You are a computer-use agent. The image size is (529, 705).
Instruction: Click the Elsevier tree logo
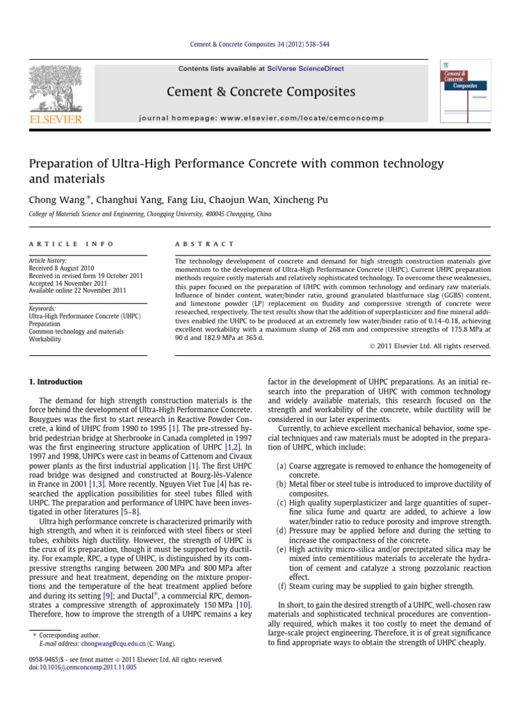coord(54,90)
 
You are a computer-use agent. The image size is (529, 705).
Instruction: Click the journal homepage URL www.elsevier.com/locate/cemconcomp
coord(298,118)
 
